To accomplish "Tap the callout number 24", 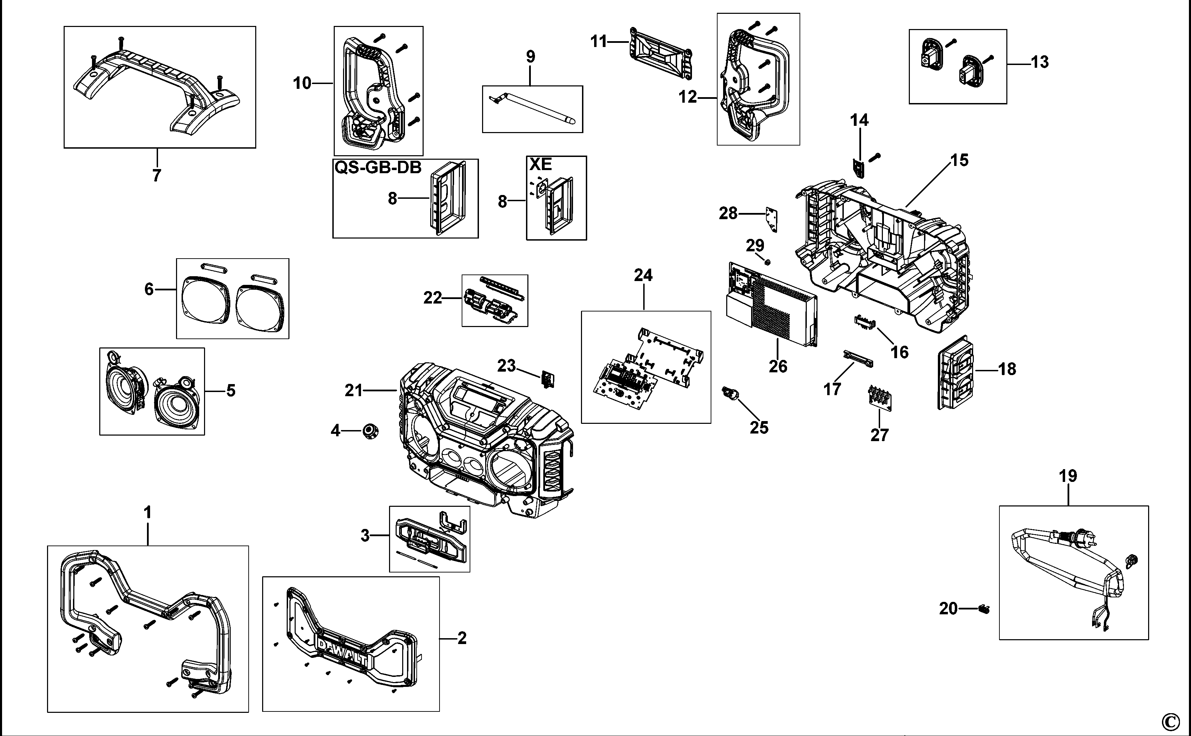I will coord(643,276).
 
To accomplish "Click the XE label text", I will coord(541,165).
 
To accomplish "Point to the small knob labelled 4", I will coord(370,431).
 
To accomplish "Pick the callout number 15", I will coord(959,160).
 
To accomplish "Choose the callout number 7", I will coord(156,175).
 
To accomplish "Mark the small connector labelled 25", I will coord(730,392).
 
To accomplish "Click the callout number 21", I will coord(354,390).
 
